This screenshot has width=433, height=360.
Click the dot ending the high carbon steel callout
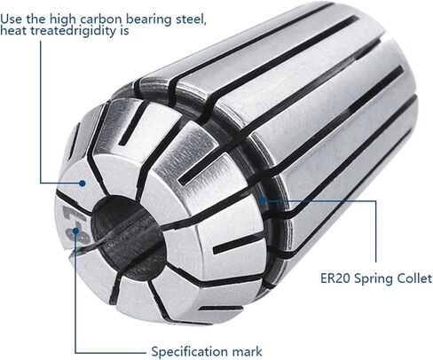(x=82, y=184)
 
